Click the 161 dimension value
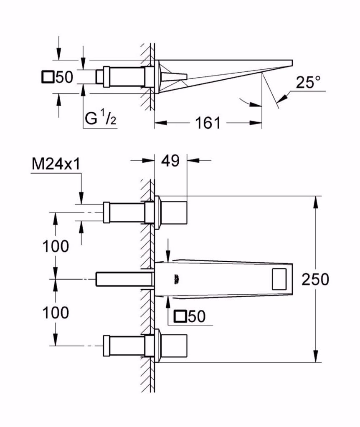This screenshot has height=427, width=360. pos(208,123)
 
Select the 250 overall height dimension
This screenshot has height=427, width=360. pos(316,279)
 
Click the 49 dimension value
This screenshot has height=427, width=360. pos(171,160)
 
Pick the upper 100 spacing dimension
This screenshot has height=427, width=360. pos(55,246)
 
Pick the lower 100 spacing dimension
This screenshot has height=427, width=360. pos(55,312)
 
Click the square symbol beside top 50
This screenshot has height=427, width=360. pos(48,77)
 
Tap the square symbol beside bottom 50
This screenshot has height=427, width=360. pos(180,316)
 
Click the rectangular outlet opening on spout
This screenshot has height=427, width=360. pos(280,279)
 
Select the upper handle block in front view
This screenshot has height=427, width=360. pos(174,212)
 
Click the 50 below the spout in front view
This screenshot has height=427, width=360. pos(196,316)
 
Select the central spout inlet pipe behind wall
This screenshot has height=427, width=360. pos(123,279)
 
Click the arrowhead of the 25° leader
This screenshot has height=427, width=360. pos(281,98)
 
